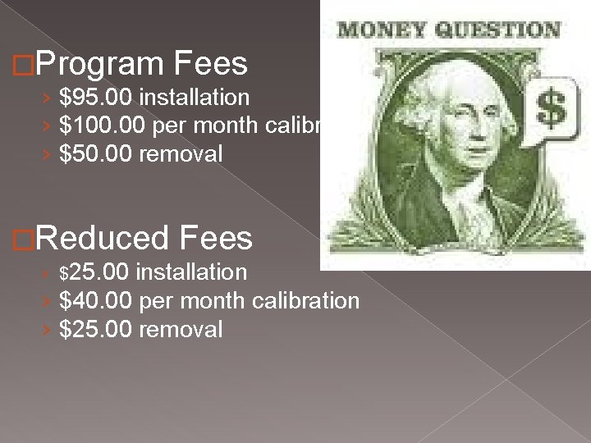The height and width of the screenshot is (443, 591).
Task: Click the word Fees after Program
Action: coord(210,63)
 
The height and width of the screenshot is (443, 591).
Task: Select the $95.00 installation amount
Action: coord(97,98)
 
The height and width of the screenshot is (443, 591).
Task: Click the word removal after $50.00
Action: coord(181,153)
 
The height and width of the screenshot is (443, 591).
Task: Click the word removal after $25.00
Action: coord(181,329)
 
